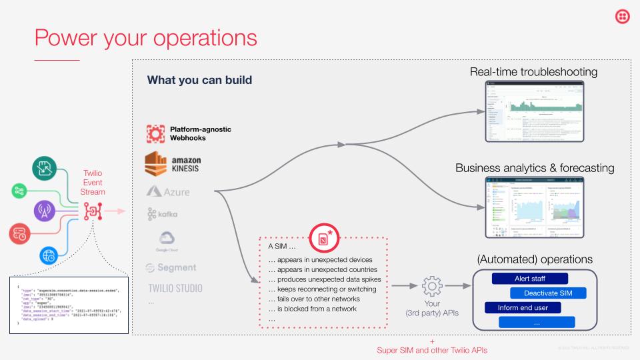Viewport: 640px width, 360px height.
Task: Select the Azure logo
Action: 168,192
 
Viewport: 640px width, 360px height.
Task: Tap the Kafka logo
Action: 163,215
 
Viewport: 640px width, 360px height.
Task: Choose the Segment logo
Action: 171,267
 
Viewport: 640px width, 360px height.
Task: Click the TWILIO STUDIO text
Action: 175,289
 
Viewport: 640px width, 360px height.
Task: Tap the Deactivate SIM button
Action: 549,293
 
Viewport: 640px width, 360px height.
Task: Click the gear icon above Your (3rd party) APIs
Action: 432,287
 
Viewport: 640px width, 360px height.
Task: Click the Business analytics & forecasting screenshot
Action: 533,207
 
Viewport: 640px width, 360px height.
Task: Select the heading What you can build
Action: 199,80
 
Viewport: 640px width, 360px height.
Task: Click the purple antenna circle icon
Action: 45,211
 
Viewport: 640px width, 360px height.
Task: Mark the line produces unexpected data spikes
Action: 323,279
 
